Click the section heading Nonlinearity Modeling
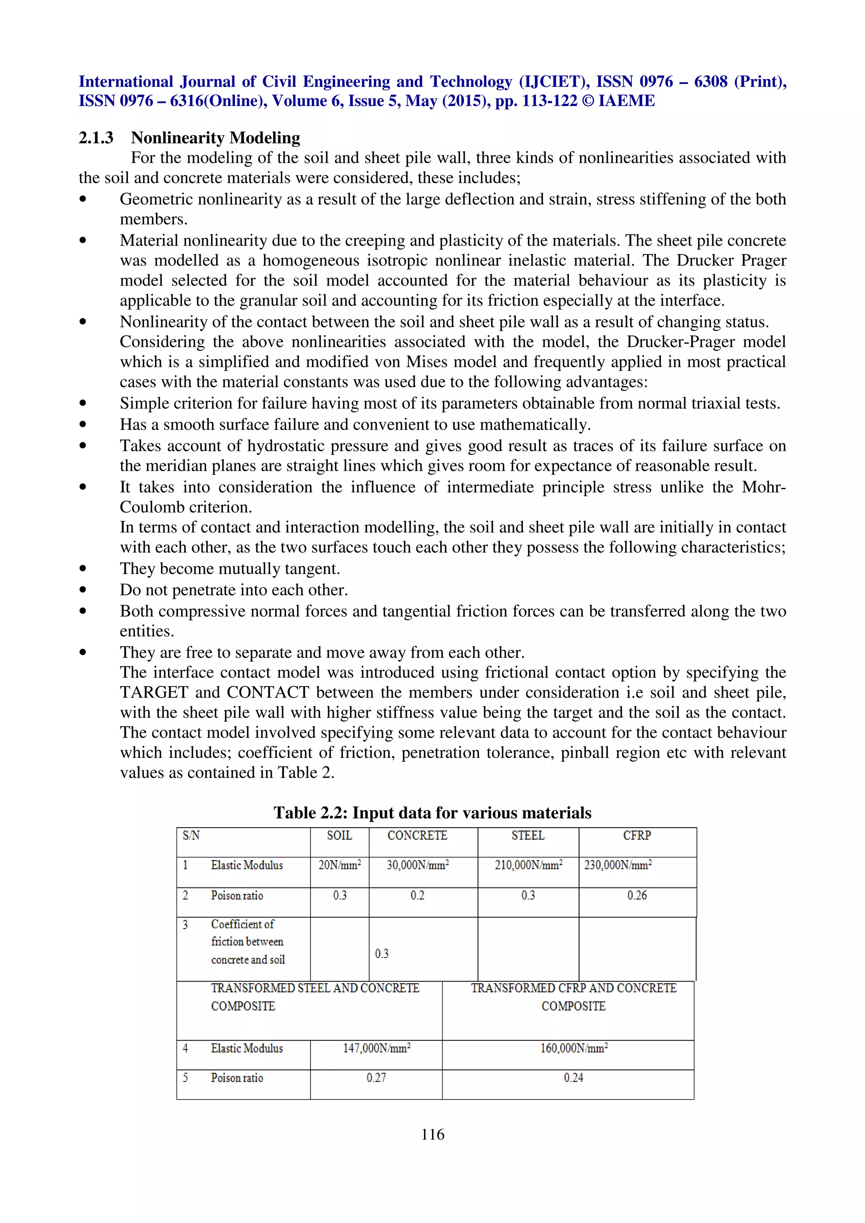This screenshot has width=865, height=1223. point(215,138)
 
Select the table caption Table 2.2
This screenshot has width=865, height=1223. point(432,812)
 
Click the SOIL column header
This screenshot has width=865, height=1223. point(340,835)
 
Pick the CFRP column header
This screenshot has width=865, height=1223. point(637,835)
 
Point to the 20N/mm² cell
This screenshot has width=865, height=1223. point(340,865)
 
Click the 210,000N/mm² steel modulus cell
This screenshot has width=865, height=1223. point(528,865)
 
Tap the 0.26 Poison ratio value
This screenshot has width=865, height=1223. point(637,896)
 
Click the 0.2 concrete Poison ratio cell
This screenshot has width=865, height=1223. point(417,896)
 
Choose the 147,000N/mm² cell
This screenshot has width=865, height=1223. point(376,1048)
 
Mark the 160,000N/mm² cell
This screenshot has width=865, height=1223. point(574,1048)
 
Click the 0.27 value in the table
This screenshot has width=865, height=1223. point(376,1077)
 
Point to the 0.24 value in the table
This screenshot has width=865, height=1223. point(574,1077)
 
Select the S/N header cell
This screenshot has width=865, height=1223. point(191,835)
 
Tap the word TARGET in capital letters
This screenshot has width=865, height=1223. point(153,692)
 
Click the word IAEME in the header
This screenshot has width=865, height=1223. point(626,101)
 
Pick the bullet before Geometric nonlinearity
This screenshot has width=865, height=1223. point(83,199)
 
